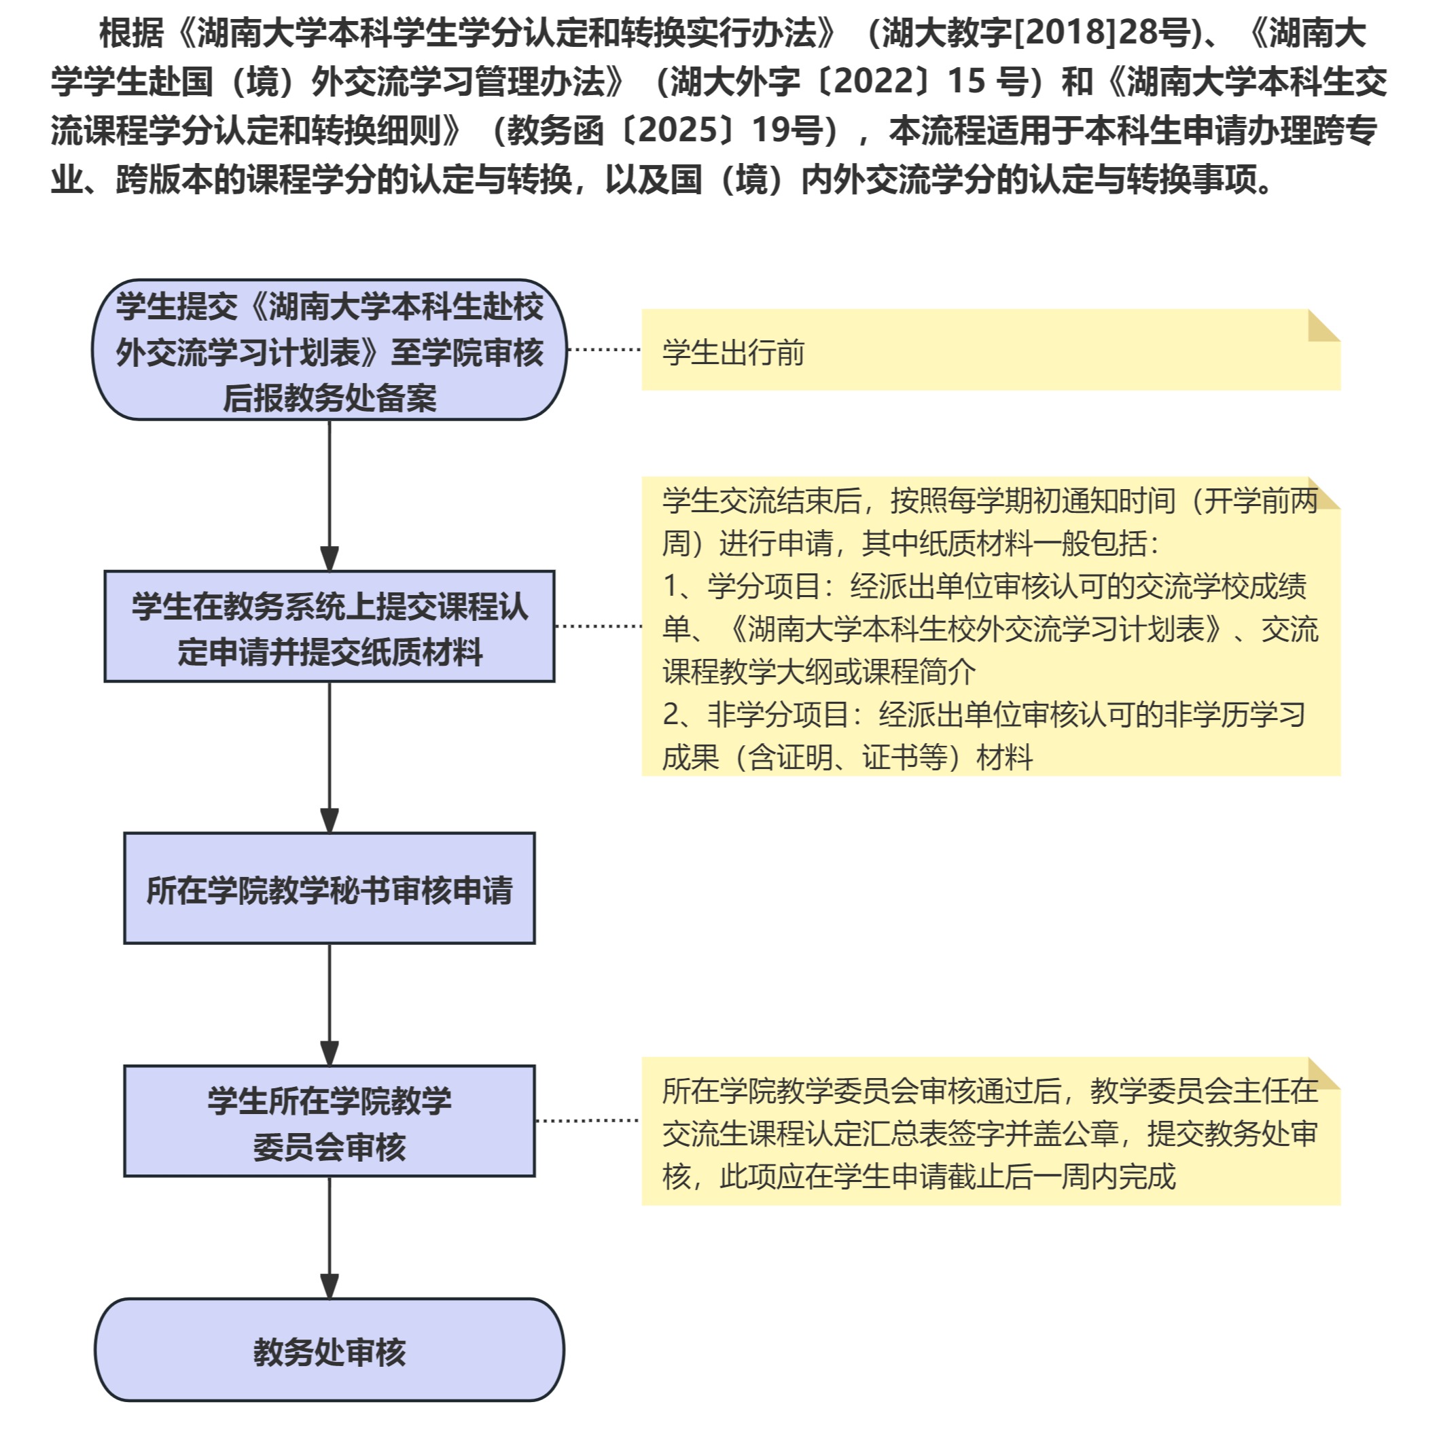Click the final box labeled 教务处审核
pos(329,1351)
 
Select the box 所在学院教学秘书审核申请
pos(329,889)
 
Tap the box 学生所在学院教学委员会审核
pos(329,1122)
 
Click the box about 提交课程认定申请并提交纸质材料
pos(329,627)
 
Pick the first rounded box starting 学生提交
pos(329,350)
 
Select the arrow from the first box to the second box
pos(329,496)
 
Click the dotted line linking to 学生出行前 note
pos(604,349)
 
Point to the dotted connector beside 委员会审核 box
pos(588,1121)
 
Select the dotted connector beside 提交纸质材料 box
pos(598,626)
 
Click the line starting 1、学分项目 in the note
pos(984,586)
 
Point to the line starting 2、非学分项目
pos(984,714)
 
